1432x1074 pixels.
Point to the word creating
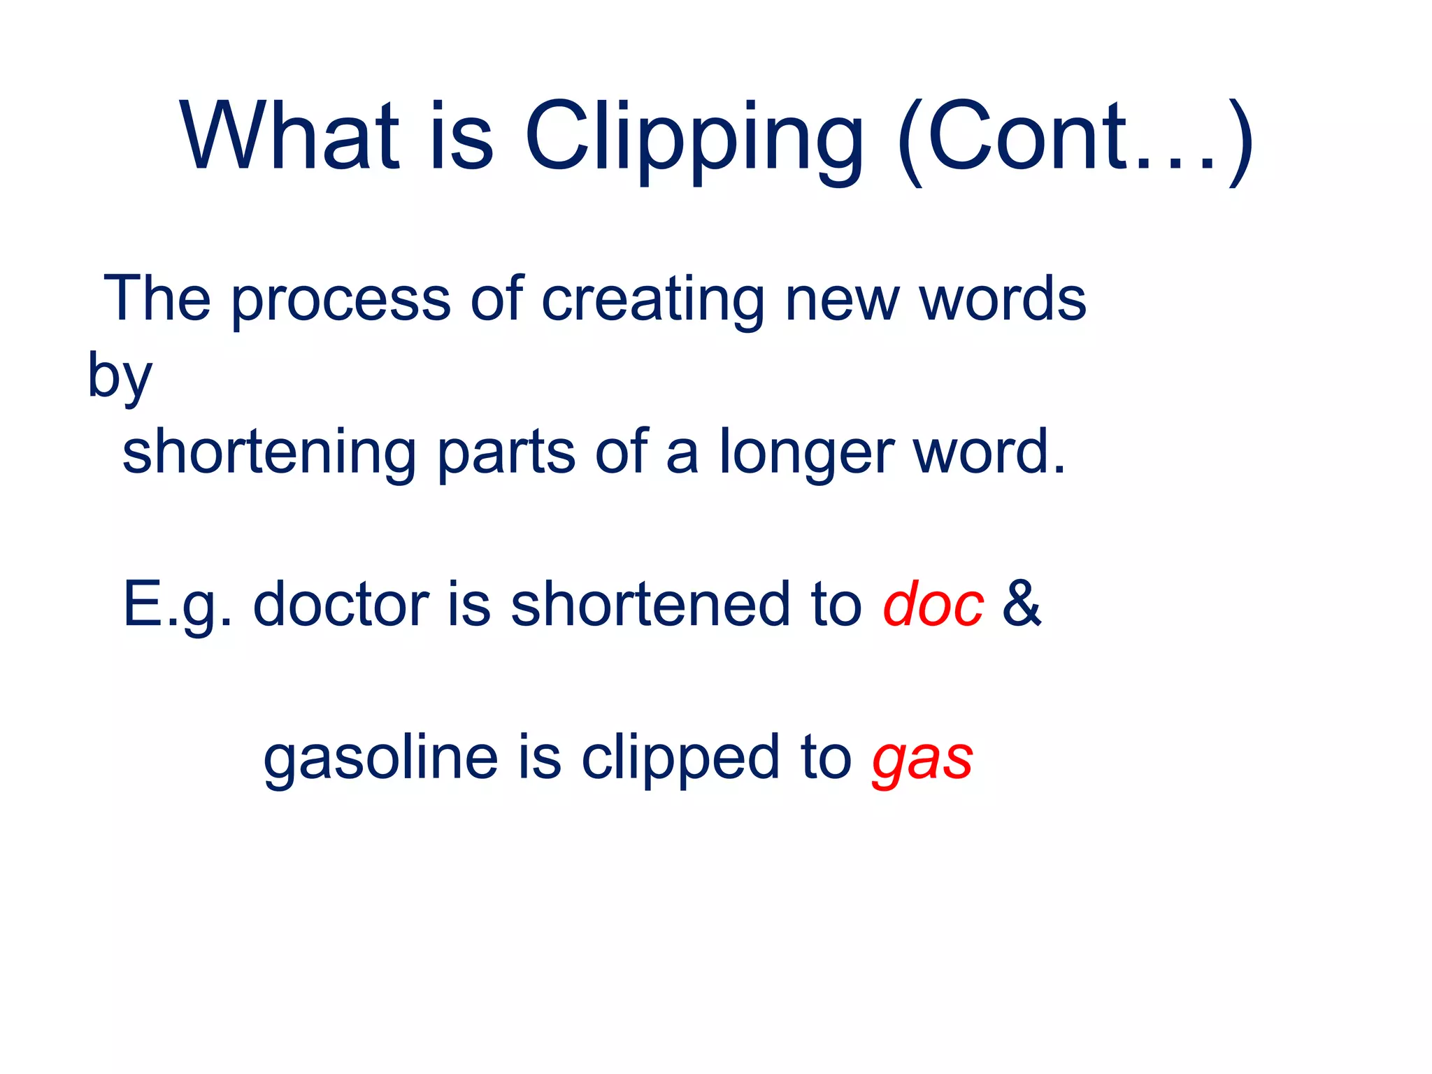coord(653,301)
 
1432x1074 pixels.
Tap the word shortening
coord(270,452)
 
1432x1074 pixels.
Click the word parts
coord(506,453)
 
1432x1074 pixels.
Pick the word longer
coord(807,454)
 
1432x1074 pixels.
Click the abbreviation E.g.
coord(176,606)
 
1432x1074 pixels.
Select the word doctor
coord(341,604)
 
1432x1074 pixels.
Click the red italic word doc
coord(933,605)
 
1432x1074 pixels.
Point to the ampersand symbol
coord(1022,604)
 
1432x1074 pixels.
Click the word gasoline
coord(381,759)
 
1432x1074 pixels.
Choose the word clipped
coord(680,759)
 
